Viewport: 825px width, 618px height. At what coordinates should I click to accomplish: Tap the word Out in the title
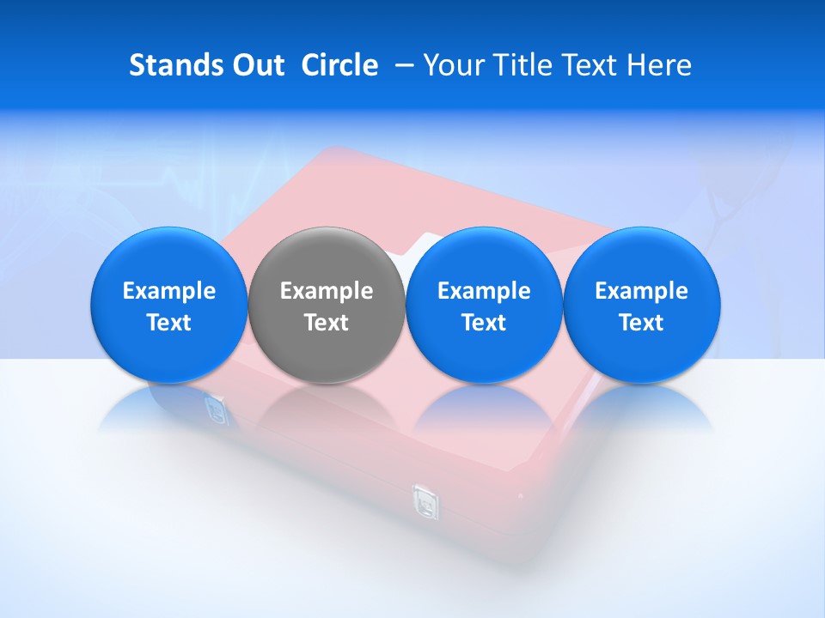256,65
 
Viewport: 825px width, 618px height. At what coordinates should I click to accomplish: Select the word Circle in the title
339,65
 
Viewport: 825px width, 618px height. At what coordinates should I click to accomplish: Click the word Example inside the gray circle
327,291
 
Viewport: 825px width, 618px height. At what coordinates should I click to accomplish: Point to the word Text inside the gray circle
327,323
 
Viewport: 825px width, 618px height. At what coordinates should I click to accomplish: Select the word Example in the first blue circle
168,291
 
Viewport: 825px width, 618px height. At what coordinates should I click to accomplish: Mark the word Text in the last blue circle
641,323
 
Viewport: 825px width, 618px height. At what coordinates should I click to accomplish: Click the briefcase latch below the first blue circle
216,409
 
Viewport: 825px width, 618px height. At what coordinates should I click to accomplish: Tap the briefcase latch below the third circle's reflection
424,500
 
